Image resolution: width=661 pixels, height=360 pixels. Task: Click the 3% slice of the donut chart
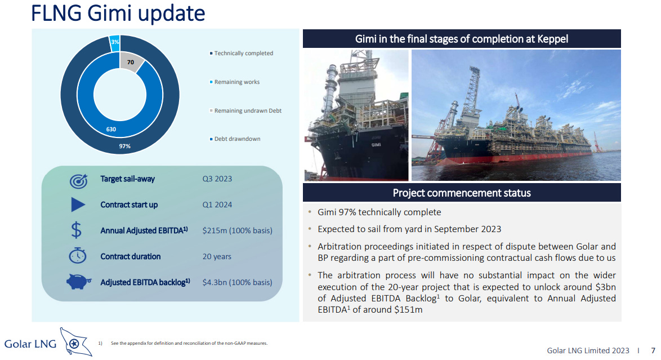[x=115, y=43]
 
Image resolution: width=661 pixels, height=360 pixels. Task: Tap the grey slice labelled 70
[x=130, y=63]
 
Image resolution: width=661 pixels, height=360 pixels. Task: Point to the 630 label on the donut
[x=111, y=129]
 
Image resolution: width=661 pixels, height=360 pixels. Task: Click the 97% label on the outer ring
[x=125, y=146]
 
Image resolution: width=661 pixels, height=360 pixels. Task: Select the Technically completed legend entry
[x=242, y=53]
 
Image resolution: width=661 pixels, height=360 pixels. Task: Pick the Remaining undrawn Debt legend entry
[x=246, y=110]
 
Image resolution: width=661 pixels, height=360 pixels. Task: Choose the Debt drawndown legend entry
[x=235, y=139]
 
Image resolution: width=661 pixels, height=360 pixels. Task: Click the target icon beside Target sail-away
[x=78, y=181]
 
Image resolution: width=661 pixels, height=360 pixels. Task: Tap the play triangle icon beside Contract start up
[x=78, y=205]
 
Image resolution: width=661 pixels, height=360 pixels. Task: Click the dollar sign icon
[x=77, y=230]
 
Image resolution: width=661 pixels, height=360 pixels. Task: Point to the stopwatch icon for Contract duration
[x=78, y=255]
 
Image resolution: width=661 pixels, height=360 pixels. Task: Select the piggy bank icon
[x=78, y=282]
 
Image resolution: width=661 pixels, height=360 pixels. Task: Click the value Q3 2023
[x=217, y=179]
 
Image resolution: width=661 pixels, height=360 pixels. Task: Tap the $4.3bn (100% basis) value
[x=238, y=282]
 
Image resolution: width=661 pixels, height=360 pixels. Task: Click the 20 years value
[x=217, y=256]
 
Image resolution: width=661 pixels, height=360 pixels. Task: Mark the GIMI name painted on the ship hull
[x=376, y=145]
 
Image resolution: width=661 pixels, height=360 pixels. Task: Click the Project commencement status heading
[x=462, y=193]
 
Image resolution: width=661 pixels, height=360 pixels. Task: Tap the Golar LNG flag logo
[x=75, y=342]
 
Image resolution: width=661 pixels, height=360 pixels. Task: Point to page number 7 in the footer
[x=653, y=351]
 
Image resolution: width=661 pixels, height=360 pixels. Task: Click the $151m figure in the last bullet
[x=408, y=310]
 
